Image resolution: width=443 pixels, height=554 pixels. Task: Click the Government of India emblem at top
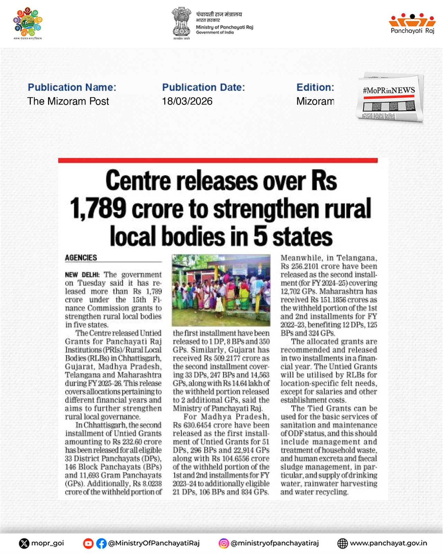[181, 23]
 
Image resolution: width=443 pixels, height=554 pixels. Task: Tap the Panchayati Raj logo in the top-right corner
[412, 24]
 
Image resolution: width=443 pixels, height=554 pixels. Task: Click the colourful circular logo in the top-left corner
[28, 23]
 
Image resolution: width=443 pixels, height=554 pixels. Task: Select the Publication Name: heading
[72, 87]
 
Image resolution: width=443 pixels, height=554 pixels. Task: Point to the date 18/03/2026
[187, 101]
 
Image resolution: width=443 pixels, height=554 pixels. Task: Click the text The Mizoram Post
[68, 101]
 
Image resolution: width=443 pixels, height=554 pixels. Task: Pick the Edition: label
[315, 87]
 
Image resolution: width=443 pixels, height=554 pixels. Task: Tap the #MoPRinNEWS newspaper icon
[389, 98]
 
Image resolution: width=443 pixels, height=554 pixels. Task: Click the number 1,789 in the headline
[98, 208]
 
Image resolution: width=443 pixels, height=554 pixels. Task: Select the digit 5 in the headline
[260, 236]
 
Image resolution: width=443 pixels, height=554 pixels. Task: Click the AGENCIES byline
[81, 258]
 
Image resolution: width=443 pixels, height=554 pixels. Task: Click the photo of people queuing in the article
[221, 290]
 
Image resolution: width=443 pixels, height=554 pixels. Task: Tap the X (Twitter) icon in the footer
[24, 544]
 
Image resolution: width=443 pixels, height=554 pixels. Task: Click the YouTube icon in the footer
[88, 544]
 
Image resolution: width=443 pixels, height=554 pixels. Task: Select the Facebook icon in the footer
[101, 544]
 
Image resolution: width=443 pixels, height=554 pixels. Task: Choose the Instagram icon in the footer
[224, 544]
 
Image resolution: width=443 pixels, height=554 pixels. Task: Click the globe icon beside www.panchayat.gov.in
[342, 544]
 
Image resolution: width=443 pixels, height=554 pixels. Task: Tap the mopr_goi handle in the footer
[48, 543]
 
